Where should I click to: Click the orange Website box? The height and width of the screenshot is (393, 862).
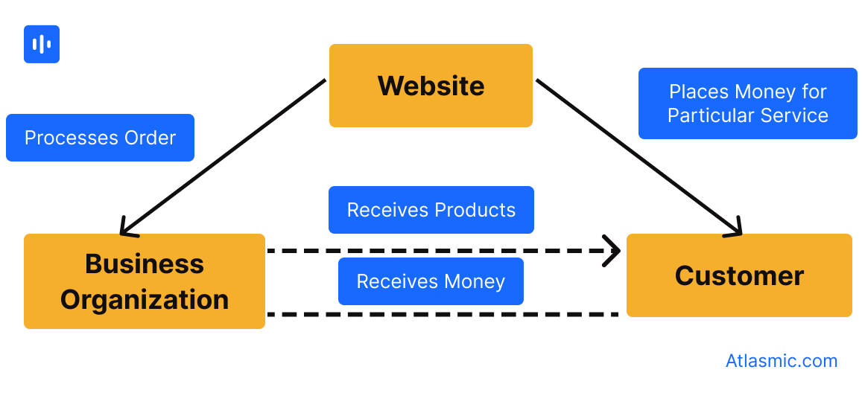[431, 86]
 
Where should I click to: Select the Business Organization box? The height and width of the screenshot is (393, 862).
[145, 281]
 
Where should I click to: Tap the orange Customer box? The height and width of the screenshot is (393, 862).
[738, 275]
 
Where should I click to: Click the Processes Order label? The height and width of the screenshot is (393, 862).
[100, 138]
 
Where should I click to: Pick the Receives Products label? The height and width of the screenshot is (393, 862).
[431, 210]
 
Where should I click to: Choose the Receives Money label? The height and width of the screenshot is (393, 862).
[431, 281]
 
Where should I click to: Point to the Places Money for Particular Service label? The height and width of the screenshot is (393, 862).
[747, 103]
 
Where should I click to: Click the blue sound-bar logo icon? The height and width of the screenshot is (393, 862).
[42, 44]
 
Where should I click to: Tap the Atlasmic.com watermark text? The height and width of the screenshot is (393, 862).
[782, 361]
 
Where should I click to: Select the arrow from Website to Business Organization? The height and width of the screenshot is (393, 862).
[224, 156]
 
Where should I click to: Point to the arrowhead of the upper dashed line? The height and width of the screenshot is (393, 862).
[614, 251]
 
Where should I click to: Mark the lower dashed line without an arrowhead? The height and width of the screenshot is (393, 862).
[443, 315]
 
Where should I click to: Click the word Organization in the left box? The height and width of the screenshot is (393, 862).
[145, 299]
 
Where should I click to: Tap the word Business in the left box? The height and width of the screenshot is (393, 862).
[145, 263]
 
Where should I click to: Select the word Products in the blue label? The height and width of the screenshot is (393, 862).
[475, 210]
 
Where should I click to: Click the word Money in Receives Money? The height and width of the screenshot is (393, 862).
[474, 281]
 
